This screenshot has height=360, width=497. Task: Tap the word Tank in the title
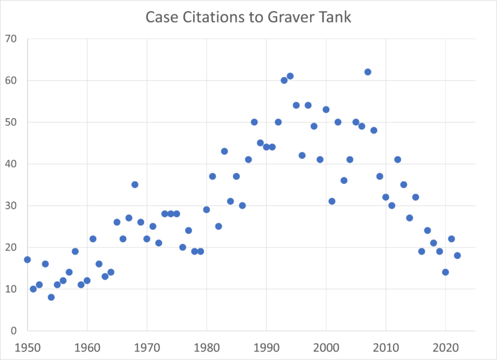point(334,17)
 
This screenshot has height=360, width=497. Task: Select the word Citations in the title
point(209,17)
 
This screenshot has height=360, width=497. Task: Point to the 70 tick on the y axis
point(12,38)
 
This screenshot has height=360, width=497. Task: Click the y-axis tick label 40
point(12,164)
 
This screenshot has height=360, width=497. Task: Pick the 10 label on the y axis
point(12,289)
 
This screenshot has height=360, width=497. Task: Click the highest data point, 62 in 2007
point(368,72)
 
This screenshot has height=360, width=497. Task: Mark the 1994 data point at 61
point(290,76)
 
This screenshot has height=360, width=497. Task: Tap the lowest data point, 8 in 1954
point(51,297)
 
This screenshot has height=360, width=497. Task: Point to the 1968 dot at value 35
point(135,184)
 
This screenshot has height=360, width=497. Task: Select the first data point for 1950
point(27,259)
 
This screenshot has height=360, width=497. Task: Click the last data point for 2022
point(457,256)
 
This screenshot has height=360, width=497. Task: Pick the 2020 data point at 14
point(445,272)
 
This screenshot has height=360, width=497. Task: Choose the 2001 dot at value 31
point(332,201)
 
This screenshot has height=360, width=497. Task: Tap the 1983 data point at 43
point(224,151)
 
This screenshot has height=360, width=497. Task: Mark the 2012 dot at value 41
point(398,160)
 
